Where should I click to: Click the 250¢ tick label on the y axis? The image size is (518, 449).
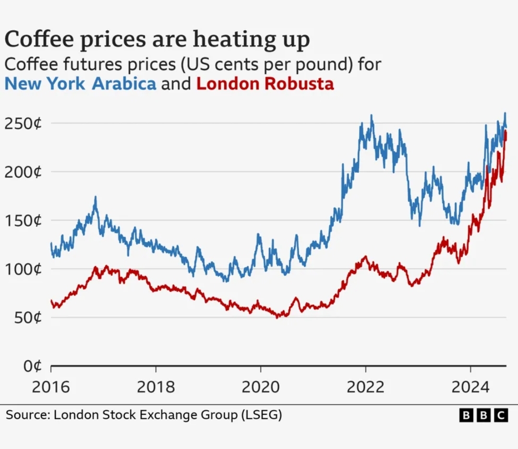tap(23, 124)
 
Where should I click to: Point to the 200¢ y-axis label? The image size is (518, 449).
tap(23, 172)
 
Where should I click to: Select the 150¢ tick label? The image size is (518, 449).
tap(23, 221)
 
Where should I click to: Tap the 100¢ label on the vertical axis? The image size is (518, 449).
tap(23, 269)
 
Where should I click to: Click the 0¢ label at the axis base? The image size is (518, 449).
tap(33, 366)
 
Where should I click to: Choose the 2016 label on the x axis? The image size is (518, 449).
tap(51, 387)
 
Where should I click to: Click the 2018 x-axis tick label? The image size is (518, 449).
tap(156, 387)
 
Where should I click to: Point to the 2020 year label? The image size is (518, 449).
tap(260, 387)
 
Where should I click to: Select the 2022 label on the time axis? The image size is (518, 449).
tap(365, 387)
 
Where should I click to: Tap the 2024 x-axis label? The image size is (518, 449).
tap(470, 387)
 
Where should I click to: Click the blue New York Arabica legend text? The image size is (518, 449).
tap(80, 84)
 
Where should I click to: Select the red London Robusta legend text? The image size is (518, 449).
tap(265, 84)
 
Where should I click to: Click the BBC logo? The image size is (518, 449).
tap(483, 415)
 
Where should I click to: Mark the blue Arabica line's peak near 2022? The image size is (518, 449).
tap(372, 115)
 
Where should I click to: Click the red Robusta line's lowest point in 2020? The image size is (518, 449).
tap(277, 318)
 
